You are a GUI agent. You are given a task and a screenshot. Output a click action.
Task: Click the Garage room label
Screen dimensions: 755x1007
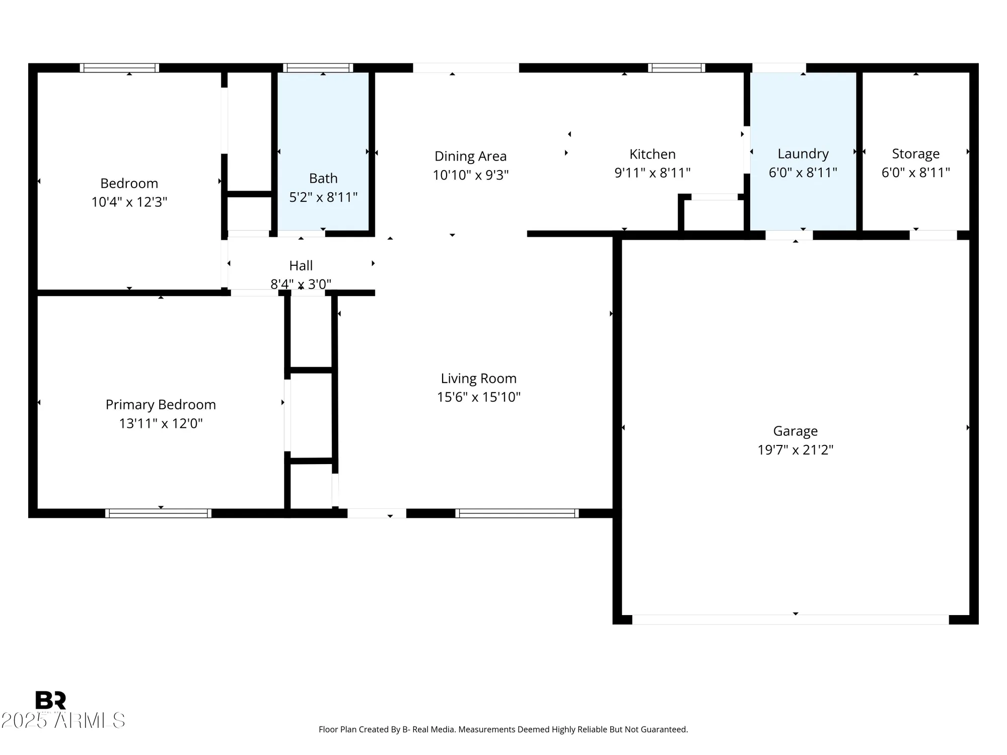[x=795, y=431]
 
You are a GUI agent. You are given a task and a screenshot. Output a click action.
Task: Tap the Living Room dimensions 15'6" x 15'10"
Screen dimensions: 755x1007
[x=478, y=397]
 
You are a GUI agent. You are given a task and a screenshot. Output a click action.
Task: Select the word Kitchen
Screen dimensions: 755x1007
[x=652, y=154]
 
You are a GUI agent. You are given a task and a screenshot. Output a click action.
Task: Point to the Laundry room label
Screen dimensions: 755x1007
[x=803, y=154]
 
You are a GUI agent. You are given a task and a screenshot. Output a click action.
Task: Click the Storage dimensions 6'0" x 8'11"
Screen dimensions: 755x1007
[x=915, y=173]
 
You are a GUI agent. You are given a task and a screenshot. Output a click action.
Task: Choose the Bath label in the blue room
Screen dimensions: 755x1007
[x=323, y=178]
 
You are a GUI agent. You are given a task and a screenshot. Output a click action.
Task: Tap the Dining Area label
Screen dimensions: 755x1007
[x=470, y=156]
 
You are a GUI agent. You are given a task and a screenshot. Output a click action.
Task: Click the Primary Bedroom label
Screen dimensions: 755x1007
[x=161, y=405]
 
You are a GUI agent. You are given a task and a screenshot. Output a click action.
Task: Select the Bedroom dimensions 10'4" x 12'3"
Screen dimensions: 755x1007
[x=129, y=202]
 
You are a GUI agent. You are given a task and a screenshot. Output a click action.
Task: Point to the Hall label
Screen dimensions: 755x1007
[x=301, y=265]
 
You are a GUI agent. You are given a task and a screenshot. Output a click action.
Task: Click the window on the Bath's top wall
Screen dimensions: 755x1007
[x=318, y=68]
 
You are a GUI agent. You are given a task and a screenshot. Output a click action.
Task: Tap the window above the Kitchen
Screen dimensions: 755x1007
[x=676, y=68]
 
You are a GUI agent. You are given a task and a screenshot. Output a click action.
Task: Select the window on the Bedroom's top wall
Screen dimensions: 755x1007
[x=119, y=68]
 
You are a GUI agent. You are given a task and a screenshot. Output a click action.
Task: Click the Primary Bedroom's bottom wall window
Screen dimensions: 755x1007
[x=158, y=513]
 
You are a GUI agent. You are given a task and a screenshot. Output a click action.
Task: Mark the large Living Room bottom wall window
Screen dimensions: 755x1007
[x=517, y=513]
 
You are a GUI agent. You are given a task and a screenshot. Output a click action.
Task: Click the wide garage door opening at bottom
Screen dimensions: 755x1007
[x=790, y=620]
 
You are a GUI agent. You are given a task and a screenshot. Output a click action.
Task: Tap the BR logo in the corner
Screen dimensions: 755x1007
[x=50, y=700]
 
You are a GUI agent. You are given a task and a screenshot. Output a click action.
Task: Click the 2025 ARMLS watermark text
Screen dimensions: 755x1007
[x=63, y=720]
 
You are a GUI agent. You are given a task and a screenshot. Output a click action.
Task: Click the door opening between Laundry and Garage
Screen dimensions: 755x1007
[x=789, y=235]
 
